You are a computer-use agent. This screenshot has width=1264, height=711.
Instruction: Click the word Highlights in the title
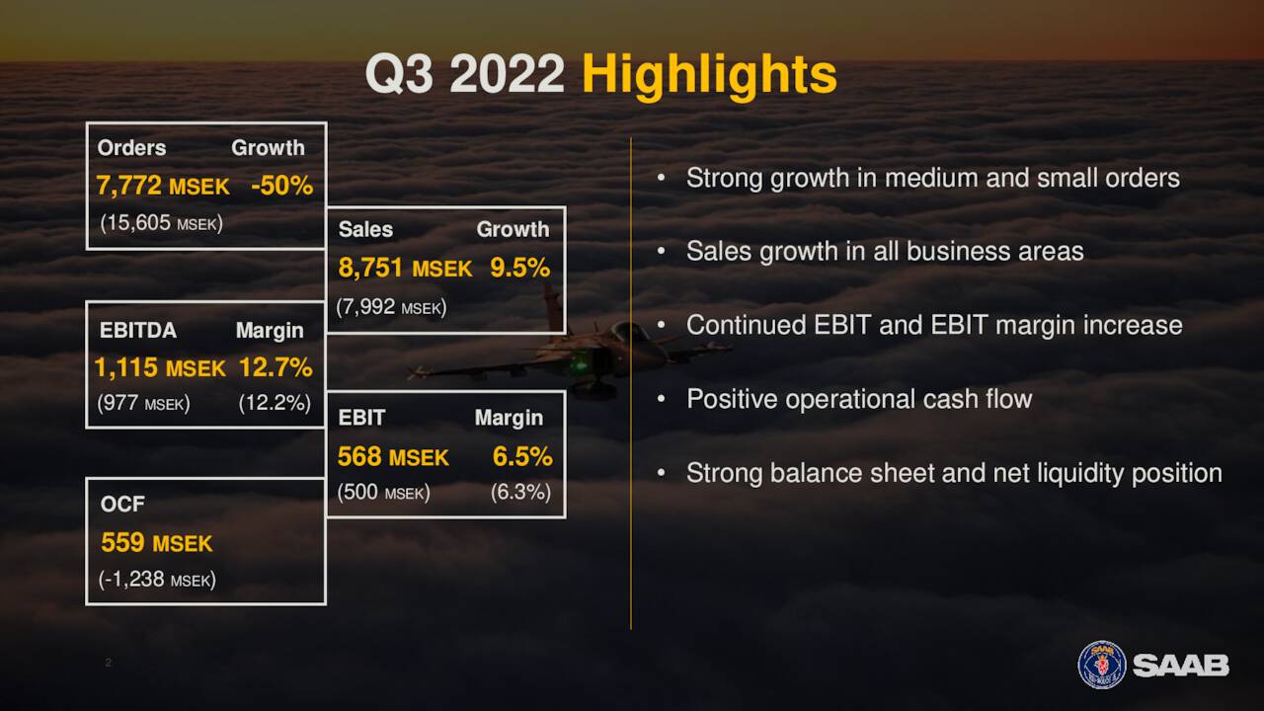(x=708, y=75)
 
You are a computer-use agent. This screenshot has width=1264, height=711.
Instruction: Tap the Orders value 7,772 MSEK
(x=163, y=186)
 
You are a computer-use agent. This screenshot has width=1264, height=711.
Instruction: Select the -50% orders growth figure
(x=281, y=186)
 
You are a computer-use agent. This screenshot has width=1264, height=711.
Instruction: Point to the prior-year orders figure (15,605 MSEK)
(x=161, y=223)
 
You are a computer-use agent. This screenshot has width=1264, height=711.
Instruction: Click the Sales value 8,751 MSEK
(x=405, y=268)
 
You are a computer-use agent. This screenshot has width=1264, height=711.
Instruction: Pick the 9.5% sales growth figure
(x=519, y=268)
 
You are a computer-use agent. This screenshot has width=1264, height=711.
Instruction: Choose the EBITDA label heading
(x=138, y=330)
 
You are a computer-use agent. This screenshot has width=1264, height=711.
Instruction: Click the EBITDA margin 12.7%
(x=276, y=367)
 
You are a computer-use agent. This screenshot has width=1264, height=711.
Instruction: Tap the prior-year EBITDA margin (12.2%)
(x=275, y=403)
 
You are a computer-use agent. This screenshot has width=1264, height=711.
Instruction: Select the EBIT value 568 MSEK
(x=393, y=457)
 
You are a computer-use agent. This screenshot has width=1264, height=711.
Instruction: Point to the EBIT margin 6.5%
(x=522, y=457)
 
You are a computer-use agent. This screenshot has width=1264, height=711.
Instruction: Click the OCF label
(x=122, y=505)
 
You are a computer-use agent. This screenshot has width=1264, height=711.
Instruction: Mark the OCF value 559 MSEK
(x=156, y=542)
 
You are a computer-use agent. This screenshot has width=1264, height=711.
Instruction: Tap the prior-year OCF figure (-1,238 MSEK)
(x=157, y=580)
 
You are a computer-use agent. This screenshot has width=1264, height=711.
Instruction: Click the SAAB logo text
(x=1180, y=666)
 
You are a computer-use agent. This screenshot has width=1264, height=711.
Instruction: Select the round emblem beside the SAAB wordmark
(x=1101, y=665)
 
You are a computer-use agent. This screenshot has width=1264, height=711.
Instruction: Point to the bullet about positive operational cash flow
(x=858, y=399)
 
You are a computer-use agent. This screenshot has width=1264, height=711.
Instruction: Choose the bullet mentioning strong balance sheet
(x=953, y=473)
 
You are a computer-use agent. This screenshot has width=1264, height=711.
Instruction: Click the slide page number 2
(x=108, y=663)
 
